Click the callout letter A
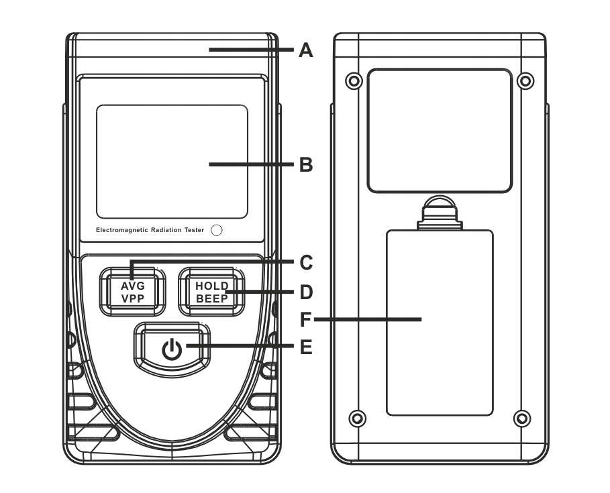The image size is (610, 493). click(x=306, y=50)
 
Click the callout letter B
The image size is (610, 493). click(x=306, y=164)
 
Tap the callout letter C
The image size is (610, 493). click(x=306, y=262)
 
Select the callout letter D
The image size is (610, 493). click(x=306, y=292)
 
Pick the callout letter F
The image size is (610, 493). click(x=306, y=320)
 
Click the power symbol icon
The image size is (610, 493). click(x=172, y=349)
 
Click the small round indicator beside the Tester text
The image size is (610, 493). click(x=216, y=230)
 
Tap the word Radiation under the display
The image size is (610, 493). click(x=166, y=230)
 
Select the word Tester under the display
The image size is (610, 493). click(x=195, y=230)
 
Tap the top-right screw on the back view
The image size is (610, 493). click(x=527, y=81)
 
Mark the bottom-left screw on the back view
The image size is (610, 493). click(x=358, y=418)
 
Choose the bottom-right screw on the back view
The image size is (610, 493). click(x=522, y=418)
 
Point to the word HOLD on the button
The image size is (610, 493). click(x=212, y=286)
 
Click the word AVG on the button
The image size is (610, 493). click(x=133, y=286)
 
